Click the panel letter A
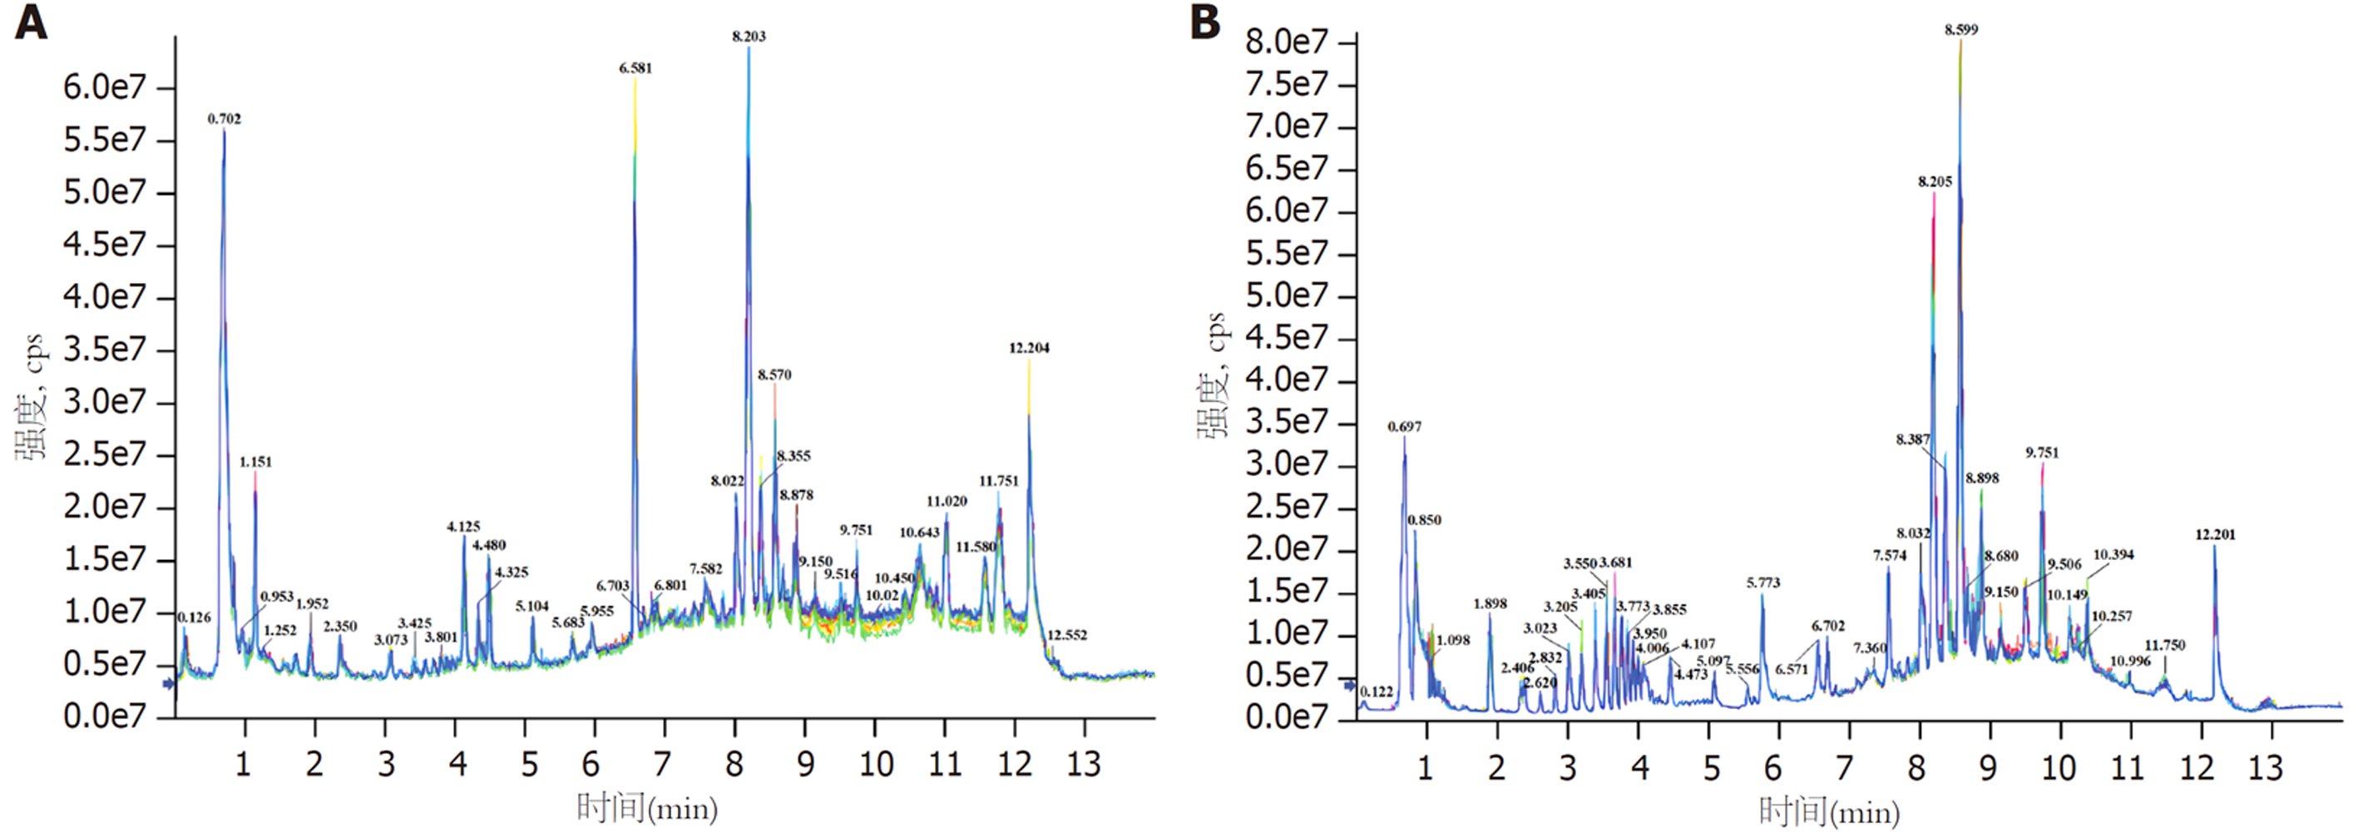[x=30, y=22]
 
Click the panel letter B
[x=1204, y=22]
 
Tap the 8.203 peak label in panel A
[x=749, y=37]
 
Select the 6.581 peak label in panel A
[x=635, y=68]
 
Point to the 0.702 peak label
[x=225, y=119]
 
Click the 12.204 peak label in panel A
[x=1029, y=349]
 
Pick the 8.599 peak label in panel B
[x=1960, y=30]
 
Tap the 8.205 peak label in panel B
[x=1935, y=182]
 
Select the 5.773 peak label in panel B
[x=1763, y=583]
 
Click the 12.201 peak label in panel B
[x=2215, y=534]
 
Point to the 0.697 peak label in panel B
[x=1404, y=428]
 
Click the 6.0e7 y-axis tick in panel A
[x=104, y=88]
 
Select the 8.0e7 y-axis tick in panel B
[x=1286, y=42]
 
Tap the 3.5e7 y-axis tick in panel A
[x=104, y=350]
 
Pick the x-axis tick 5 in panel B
[x=1711, y=767]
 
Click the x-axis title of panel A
[x=647, y=807]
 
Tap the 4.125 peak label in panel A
[x=463, y=528]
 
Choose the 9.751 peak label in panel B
[x=2042, y=453]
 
